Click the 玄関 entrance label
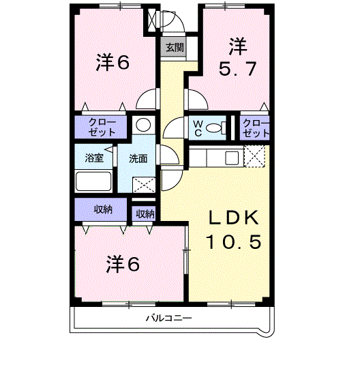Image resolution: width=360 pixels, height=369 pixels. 174,48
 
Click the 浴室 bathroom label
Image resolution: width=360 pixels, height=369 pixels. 94,158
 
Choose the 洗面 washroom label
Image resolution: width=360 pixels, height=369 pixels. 138,158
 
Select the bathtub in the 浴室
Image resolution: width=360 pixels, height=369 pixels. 93,181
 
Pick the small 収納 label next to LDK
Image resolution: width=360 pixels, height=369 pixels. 145,213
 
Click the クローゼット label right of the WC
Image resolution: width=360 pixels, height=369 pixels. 256,128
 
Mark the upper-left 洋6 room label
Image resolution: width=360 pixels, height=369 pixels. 113,62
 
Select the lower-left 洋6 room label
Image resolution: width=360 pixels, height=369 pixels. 123,263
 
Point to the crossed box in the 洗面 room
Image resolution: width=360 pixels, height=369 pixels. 143,184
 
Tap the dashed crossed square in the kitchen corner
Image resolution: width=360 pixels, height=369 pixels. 254,158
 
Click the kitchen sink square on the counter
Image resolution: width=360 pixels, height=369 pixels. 232,158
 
